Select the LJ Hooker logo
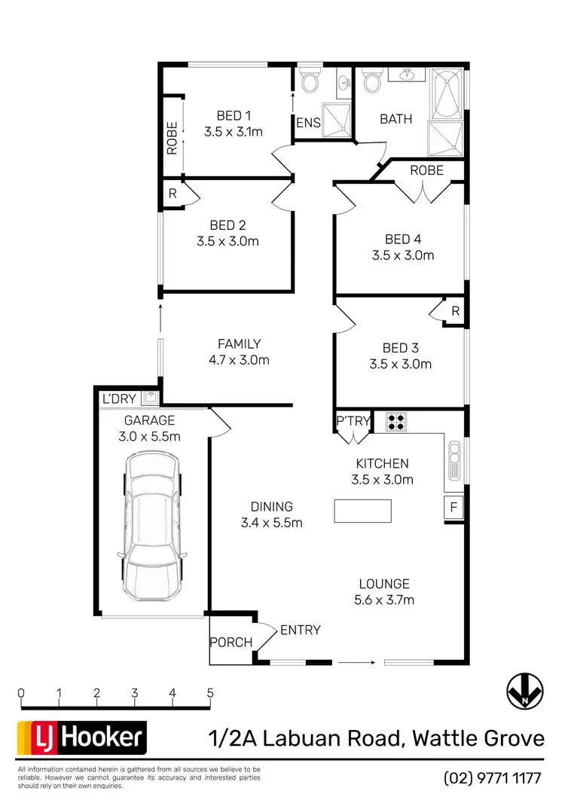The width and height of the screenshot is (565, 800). point(82,737)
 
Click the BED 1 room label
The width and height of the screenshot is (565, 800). point(233,115)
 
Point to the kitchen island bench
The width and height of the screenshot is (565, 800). point(363,511)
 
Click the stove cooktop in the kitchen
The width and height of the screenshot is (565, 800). point(396,421)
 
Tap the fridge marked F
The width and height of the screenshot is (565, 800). point(454,507)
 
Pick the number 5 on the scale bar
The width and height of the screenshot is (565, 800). point(210,693)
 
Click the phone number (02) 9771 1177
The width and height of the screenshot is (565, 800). point(493,777)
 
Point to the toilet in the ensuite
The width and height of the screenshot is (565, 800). point(309,81)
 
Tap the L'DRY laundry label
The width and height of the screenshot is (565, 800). point(119,398)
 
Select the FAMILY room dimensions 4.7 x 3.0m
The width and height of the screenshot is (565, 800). point(239,360)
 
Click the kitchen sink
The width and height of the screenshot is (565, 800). point(454,457)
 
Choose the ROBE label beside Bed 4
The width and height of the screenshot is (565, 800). point(426,170)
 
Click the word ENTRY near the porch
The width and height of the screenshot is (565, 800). point(300,630)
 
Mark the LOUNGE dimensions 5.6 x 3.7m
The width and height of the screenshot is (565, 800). point(384,600)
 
